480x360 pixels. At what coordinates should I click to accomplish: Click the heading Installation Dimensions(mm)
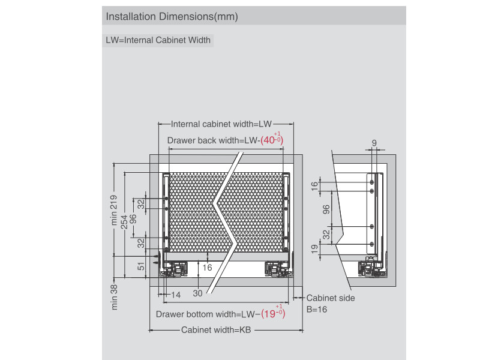pos(172,17)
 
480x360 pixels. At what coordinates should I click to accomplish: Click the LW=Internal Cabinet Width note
pos(158,41)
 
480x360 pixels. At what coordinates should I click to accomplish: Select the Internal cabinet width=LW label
pos(221,124)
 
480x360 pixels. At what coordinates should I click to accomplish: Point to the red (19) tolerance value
pos(273,313)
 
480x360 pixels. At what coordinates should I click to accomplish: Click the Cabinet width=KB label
pos(215,330)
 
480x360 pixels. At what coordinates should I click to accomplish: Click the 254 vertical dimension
pos(124,222)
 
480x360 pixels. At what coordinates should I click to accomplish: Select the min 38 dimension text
pos(114,296)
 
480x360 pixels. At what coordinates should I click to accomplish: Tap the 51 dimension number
pos(142,266)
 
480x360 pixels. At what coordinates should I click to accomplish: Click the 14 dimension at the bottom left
pos(176,295)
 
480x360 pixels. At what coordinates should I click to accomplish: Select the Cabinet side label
pos(331,298)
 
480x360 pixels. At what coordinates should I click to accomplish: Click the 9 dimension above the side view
pos(374,143)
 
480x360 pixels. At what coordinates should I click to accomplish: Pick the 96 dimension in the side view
pos(326,209)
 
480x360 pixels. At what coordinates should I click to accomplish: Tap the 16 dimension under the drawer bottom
pos(208,268)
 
